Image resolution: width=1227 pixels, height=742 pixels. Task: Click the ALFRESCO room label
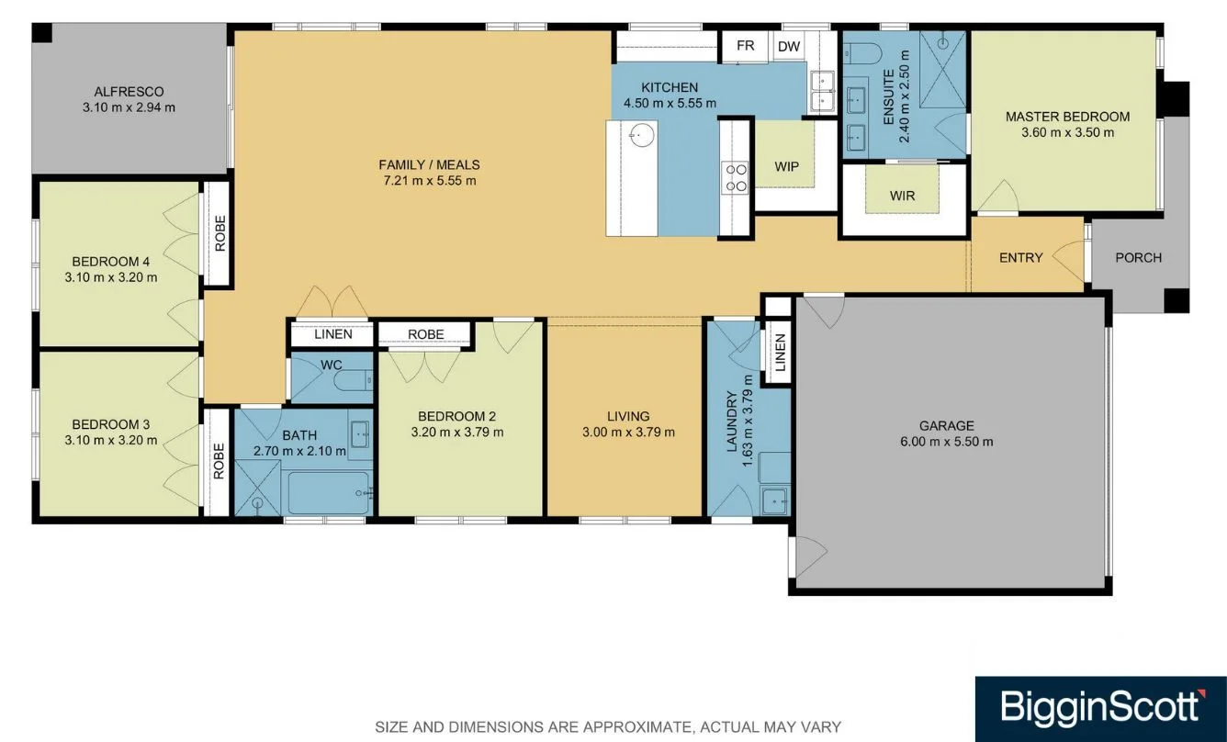(x=129, y=92)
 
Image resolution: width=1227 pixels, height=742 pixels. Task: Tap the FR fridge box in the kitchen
(x=745, y=46)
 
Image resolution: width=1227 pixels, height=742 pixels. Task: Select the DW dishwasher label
(x=789, y=47)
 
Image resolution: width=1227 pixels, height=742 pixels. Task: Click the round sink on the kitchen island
(x=641, y=135)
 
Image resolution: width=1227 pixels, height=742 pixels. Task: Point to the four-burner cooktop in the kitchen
(x=735, y=177)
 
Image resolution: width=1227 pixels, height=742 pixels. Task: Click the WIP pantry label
(x=786, y=166)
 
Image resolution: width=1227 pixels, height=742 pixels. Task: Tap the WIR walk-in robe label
(x=902, y=196)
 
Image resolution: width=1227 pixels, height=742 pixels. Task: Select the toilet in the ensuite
(x=862, y=53)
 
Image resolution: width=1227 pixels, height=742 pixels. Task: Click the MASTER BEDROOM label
(x=1067, y=117)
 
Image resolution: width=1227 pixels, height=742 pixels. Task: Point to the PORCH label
(x=1138, y=257)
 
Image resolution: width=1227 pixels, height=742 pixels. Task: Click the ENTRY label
(x=1020, y=257)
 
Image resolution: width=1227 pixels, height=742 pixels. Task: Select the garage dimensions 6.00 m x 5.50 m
(x=947, y=442)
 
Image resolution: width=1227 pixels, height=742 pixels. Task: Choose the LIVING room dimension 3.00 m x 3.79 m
(x=628, y=432)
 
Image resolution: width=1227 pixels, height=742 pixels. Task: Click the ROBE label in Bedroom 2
(x=425, y=334)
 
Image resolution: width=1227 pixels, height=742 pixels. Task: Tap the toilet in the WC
(x=354, y=380)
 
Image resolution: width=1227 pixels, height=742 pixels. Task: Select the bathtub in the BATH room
(x=329, y=493)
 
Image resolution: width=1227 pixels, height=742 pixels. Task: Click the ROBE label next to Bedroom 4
(x=220, y=233)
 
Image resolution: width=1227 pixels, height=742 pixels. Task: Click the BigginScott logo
(x=1101, y=709)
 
